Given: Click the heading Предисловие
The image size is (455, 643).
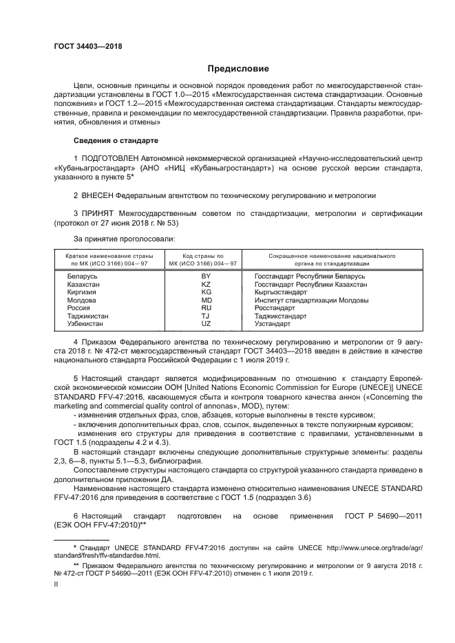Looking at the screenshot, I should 233,69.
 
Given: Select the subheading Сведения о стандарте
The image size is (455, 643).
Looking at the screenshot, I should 116,140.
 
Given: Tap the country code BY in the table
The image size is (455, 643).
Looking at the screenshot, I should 205,275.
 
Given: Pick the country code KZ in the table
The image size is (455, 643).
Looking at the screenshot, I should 205,283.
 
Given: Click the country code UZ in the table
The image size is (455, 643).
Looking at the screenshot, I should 205,323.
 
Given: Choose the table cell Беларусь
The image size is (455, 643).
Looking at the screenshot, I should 82,275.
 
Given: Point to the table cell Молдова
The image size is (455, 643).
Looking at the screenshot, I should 81,300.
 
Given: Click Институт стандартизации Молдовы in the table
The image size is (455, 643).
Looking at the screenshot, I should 311,300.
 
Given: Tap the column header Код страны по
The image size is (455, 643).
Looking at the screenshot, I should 205,255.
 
